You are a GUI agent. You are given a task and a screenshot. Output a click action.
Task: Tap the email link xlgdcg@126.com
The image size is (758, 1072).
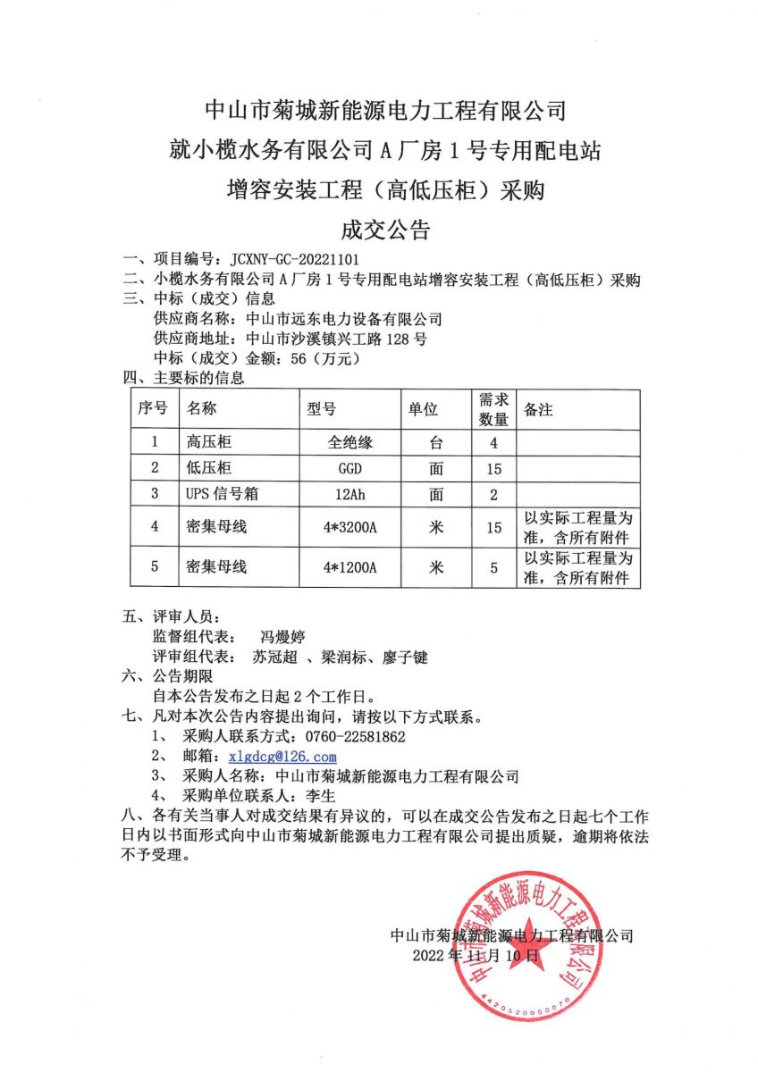pos(282,757)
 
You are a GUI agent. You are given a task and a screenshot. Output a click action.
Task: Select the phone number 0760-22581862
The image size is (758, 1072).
pos(356,737)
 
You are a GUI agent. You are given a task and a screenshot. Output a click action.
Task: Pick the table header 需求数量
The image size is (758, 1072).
pos(493,409)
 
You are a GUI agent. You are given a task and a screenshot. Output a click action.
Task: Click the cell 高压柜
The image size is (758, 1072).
pos(208,442)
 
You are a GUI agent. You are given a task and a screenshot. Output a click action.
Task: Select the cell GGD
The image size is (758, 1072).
pos(350,468)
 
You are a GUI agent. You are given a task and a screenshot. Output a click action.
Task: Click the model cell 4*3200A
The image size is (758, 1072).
pos(351,527)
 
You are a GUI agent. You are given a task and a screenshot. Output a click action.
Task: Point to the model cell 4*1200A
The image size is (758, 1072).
pos(351,567)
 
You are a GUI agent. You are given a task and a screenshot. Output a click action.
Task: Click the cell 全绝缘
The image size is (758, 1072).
pos(350,442)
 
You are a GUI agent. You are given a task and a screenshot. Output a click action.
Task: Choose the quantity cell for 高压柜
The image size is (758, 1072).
pos(493,442)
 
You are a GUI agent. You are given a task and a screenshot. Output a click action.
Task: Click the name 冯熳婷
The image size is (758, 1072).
pos(282,637)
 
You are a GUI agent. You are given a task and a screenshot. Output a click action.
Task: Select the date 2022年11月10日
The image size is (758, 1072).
pos(476,955)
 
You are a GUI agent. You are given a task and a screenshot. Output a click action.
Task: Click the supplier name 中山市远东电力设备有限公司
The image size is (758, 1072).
pos(344,318)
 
